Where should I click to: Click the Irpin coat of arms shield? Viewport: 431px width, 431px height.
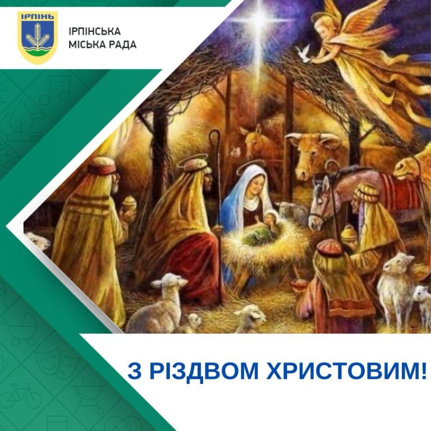tap(38, 38)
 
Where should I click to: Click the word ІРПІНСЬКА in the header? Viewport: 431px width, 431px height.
tap(94, 31)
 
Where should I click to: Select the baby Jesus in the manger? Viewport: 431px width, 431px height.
tap(263, 229)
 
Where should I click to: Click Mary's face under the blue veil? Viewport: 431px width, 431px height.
tap(255, 186)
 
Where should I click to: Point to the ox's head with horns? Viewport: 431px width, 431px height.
tap(313, 153)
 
